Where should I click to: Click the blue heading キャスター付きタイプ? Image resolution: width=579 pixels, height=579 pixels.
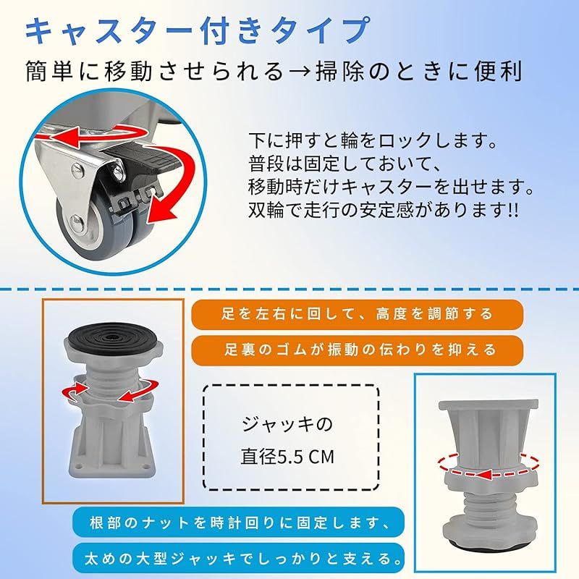point(198,30)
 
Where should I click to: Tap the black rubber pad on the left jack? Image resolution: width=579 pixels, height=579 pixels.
point(114,337)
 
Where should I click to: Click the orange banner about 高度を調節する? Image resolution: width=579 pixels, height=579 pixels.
point(357,314)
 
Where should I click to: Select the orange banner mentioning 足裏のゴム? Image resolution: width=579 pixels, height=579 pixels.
point(357,350)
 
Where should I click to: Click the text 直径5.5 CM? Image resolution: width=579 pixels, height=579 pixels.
point(287,457)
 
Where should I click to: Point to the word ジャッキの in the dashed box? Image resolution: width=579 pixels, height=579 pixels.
point(287,424)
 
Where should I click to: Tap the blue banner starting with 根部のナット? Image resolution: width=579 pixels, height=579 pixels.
point(239,522)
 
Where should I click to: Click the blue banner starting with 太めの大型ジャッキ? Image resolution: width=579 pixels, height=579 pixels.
point(239,558)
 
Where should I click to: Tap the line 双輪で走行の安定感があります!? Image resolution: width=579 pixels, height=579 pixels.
point(384,211)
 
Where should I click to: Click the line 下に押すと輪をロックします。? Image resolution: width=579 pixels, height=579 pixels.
point(373,140)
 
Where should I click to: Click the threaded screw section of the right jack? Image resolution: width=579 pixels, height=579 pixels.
point(490,508)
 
